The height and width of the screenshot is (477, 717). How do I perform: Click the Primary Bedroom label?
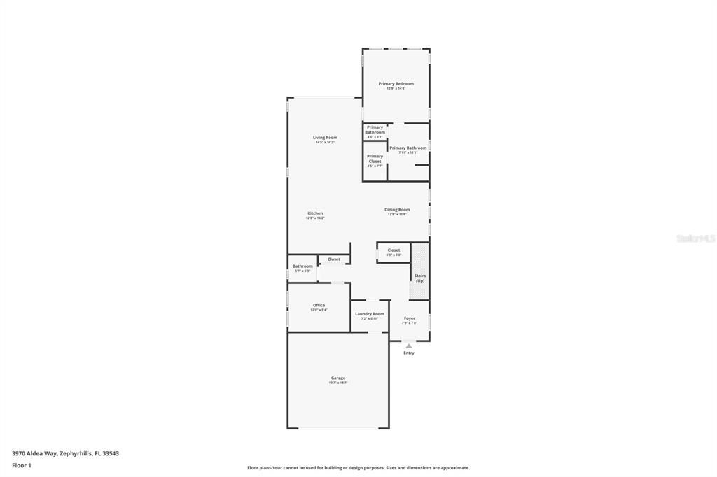coord(396,84)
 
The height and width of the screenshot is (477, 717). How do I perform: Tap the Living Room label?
coord(325,138)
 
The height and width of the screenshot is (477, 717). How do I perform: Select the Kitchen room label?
coord(315,213)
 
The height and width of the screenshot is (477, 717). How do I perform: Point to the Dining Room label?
coord(397,210)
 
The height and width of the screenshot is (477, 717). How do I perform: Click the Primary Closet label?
coord(375,159)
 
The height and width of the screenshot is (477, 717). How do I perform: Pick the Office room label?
coord(319,305)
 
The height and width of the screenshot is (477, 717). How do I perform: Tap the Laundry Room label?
coord(369,314)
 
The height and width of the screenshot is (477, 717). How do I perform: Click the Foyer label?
coord(410,318)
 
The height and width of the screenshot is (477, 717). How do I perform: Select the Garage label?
coord(338,378)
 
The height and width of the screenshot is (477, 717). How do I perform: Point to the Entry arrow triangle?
coord(409,345)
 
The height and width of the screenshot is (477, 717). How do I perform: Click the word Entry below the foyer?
coord(409,353)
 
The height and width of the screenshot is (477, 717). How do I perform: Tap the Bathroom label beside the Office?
coord(302,266)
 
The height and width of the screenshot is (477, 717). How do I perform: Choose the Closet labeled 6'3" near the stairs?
coord(394,250)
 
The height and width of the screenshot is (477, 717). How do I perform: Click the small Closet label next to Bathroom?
coord(334,259)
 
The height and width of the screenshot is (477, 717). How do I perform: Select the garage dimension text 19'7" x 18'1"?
coord(338,383)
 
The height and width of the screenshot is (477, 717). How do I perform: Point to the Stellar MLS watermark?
coord(695,239)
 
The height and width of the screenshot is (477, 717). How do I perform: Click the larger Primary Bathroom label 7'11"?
coord(408,148)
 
